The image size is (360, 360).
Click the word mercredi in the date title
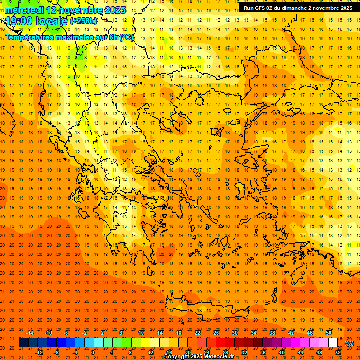(x=24, y=10)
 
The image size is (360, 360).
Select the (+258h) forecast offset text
(x=84, y=21)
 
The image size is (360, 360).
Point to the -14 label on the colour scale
(x=30, y=333)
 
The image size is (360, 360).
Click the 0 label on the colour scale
(x=93, y=352)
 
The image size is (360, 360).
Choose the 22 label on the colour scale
(x=197, y=333)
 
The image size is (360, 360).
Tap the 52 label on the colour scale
(x=338, y=352)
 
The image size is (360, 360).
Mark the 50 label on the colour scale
(x=329, y=333)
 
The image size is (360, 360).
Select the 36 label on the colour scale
(x=262, y=352)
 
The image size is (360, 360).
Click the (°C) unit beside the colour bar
(x=349, y=343)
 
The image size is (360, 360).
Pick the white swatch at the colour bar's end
(x=333, y=343)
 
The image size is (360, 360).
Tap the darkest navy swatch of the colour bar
(x=23, y=343)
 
